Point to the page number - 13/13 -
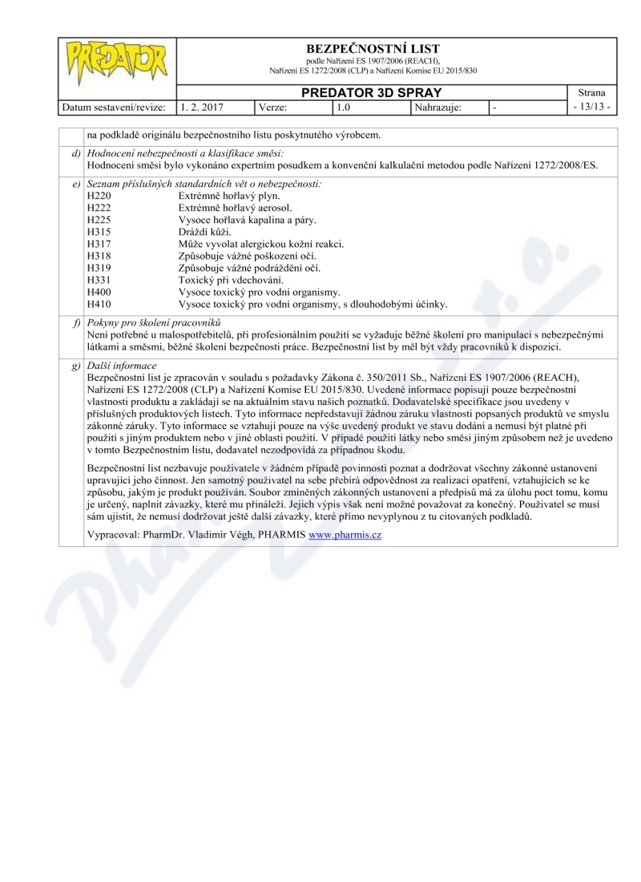click(x=592, y=106)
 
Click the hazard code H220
click(x=98, y=196)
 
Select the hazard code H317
click(x=98, y=244)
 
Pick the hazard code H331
click(x=98, y=280)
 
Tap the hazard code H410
click(x=98, y=304)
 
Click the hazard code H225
click(x=98, y=220)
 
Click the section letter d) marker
click(x=75, y=153)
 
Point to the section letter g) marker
click(x=75, y=366)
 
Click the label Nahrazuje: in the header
click(x=438, y=106)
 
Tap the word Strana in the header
click(x=592, y=93)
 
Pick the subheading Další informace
click(x=122, y=366)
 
